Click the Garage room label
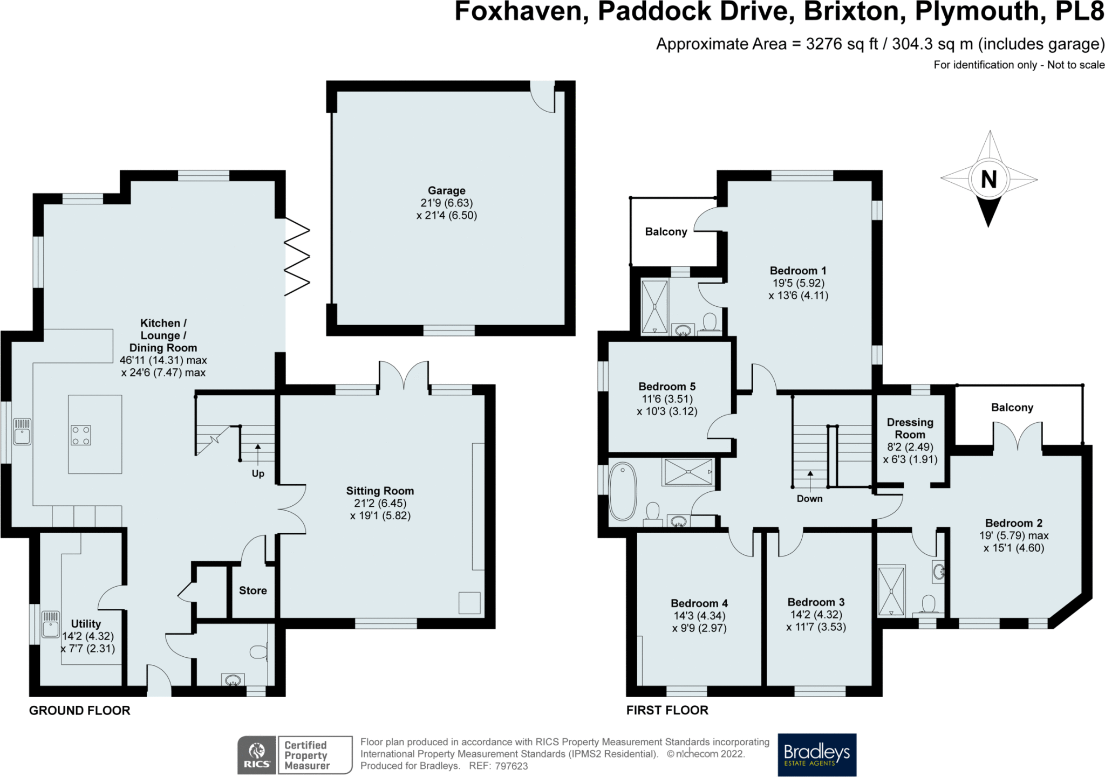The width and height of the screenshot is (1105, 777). (x=446, y=190)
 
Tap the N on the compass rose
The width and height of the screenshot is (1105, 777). (x=988, y=178)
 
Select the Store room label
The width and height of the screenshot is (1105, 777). (x=253, y=590)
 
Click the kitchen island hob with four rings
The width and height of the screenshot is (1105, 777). (x=80, y=435)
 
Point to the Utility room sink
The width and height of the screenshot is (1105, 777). (x=50, y=624)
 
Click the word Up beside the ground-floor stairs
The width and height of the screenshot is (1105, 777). (x=258, y=474)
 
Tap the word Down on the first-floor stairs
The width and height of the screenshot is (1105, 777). (x=809, y=499)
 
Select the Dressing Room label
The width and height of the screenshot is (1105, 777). (x=910, y=428)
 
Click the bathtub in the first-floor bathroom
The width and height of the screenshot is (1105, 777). (x=623, y=492)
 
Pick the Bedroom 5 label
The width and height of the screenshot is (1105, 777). (x=667, y=387)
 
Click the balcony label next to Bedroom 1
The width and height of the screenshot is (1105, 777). (x=666, y=232)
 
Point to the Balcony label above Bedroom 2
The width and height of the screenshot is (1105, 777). (x=1012, y=408)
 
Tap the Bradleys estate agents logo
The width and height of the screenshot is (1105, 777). (x=817, y=754)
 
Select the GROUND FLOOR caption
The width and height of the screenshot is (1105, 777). (x=80, y=710)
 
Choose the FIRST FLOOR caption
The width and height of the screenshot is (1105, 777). (x=667, y=710)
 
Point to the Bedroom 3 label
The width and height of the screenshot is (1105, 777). (x=816, y=602)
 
